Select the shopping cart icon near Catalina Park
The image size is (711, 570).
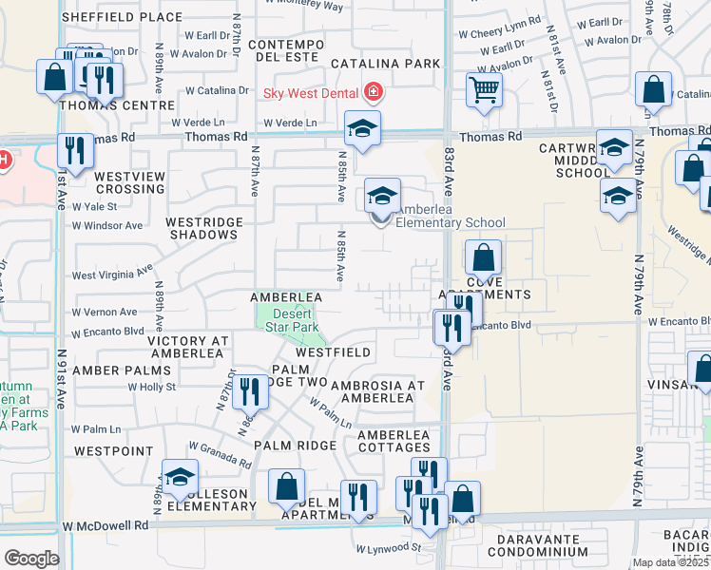(x=484, y=91)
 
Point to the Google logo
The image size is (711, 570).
(x=31, y=558)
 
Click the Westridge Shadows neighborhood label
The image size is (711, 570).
(x=204, y=228)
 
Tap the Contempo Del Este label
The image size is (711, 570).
(x=294, y=51)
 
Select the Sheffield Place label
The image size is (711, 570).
(x=122, y=17)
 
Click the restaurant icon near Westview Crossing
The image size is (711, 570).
(x=74, y=150)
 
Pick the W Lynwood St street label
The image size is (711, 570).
(x=389, y=548)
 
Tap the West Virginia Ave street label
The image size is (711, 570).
(x=112, y=274)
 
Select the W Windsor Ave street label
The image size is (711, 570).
(x=108, y=226)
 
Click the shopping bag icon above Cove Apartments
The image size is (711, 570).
(x=483, y=256)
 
